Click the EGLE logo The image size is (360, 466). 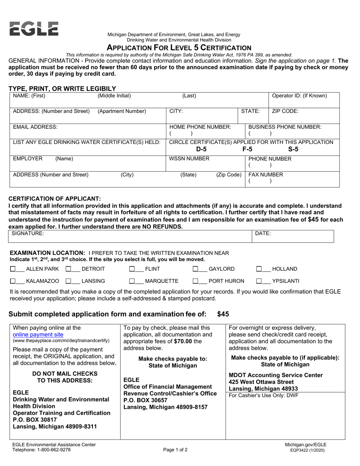(x=34, y=29)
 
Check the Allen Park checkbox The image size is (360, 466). (x=13, y=269)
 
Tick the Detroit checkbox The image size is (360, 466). (x=69, y=269)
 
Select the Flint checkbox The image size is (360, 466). (x=132, y=269)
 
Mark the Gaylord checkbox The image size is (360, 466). (x=196, y=269)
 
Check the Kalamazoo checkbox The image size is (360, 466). (x=13, y=281)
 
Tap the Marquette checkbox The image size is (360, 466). (x=132, y=281)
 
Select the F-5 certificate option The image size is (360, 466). (x=247, y=149)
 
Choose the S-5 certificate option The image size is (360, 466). (x=293, y=149)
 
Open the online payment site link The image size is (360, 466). (x=38, y=335)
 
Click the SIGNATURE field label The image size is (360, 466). (x=28, y=234)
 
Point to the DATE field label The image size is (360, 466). (x=263, y=234)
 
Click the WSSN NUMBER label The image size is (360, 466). (x=189, y=159)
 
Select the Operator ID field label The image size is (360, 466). (x=299, y=96)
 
